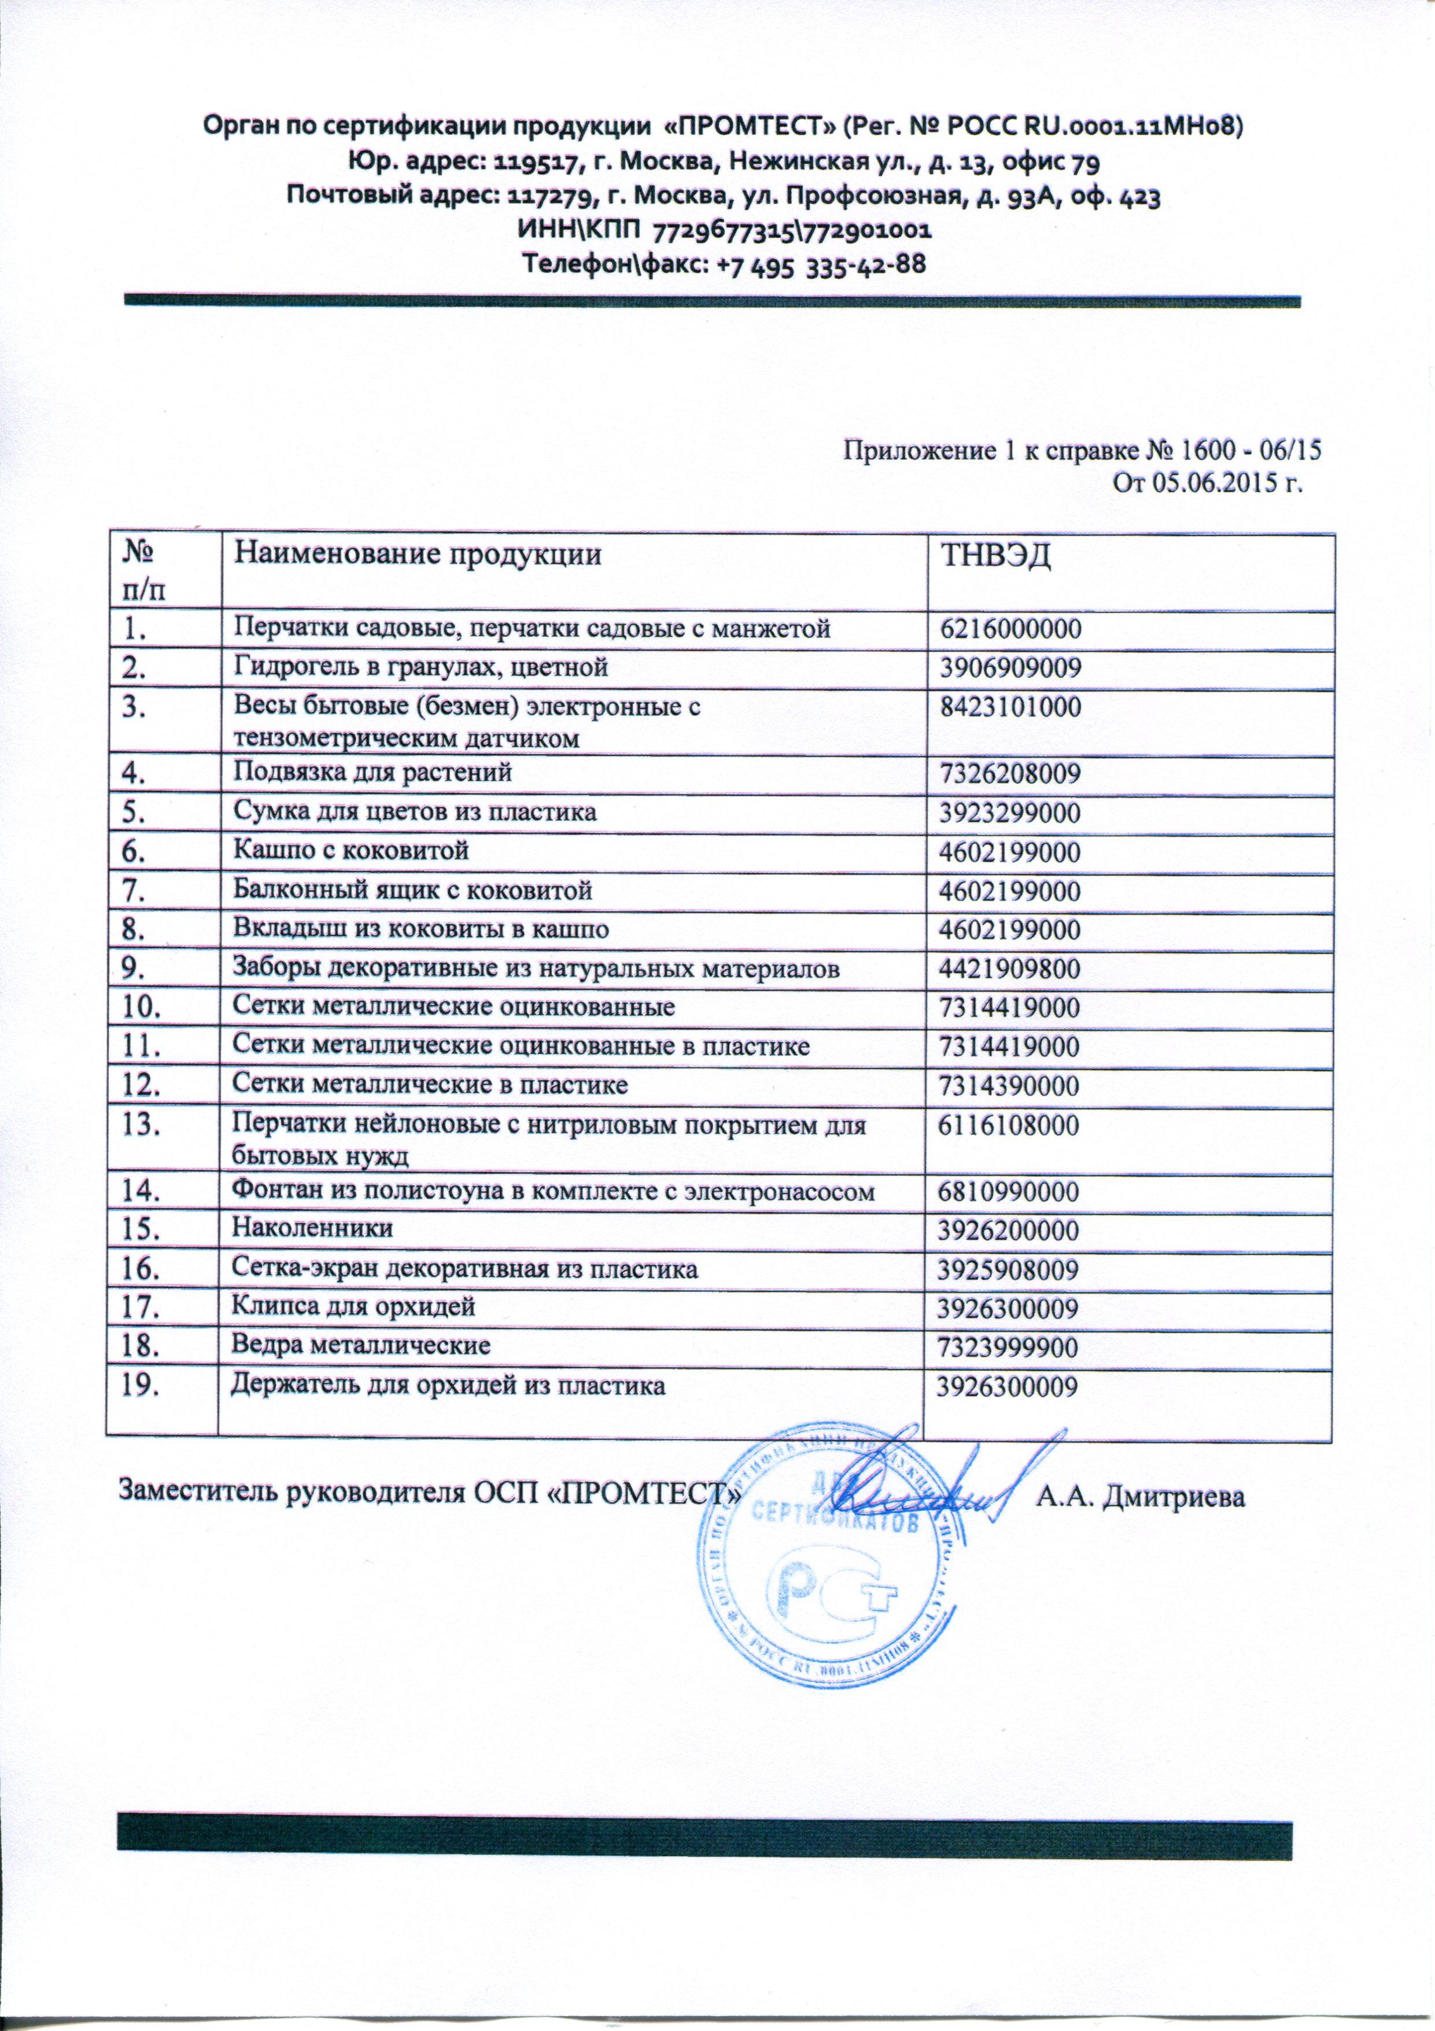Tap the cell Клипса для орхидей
pos(353,1306)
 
